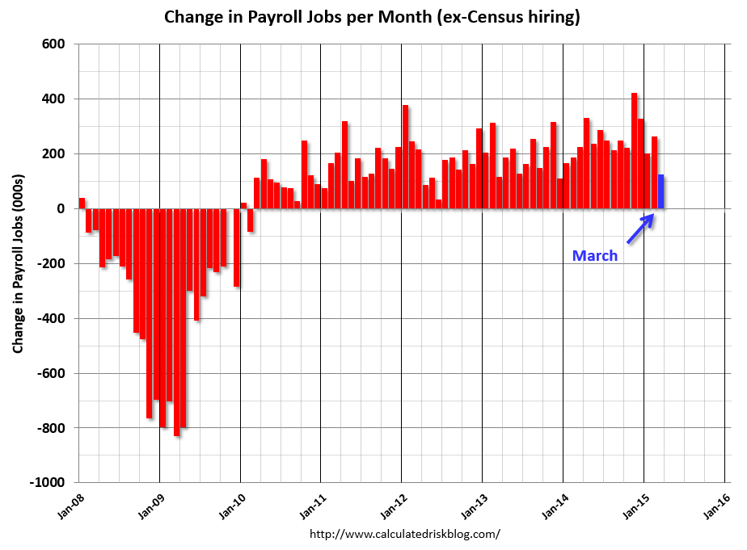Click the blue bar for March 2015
point(660,191)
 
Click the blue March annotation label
point(594,256)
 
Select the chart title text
point(372,17)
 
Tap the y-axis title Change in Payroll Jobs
point(18,262)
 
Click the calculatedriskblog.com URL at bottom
point(405,534)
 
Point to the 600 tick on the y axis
point(53,44)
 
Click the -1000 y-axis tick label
point(49,482)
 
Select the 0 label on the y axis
point(61,208)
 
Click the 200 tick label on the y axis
point(53,153)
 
